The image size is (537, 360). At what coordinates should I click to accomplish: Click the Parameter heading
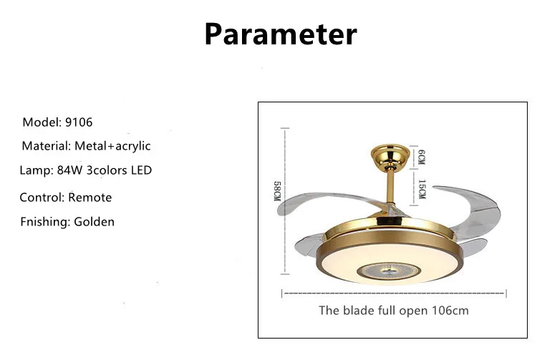(x=280, y=34)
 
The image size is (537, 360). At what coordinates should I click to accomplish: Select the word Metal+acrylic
(x=112, y=146)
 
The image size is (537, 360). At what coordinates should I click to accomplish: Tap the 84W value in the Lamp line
(x=67, y=170)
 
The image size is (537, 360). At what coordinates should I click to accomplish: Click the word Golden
(x=94, y=222)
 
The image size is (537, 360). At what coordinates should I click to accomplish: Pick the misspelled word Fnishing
(x=45, y=222)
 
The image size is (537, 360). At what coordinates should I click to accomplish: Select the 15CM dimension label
(x=421, y=188)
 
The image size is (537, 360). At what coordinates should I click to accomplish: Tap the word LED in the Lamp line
(x=140, y=170)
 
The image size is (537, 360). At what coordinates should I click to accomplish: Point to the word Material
(x=45, y=146)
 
